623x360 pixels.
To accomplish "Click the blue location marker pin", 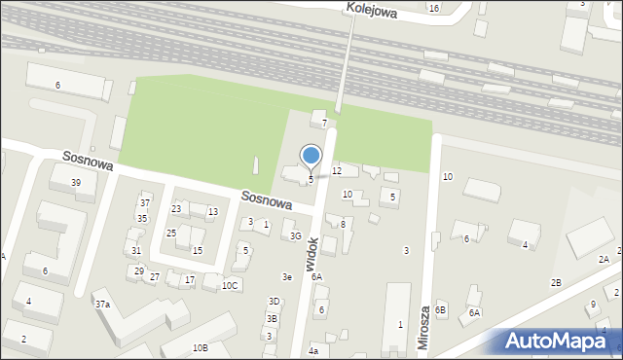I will pos(311,156).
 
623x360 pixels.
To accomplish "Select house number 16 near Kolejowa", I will pos(433,8).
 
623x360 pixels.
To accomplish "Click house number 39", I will pos(76,183).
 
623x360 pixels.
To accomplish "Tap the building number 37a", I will pos(102,304).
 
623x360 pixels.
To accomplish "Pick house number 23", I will pos(176,209).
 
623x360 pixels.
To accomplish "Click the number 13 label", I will pos(212,212).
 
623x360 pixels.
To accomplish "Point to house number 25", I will pos(171,234).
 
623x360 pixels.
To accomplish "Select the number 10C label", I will pos(230,285).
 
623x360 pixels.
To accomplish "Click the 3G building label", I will pos(295,235).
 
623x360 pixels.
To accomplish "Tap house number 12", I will pos(337,171).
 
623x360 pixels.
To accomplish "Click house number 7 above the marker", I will pos(324,124).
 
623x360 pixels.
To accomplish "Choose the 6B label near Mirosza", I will pos(441,309).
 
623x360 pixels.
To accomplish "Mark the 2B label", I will pos(556,283).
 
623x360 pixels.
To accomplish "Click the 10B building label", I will pos(200,347).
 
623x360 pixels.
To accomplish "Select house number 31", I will pos(136,251).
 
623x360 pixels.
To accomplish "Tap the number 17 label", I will pos(190,280).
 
